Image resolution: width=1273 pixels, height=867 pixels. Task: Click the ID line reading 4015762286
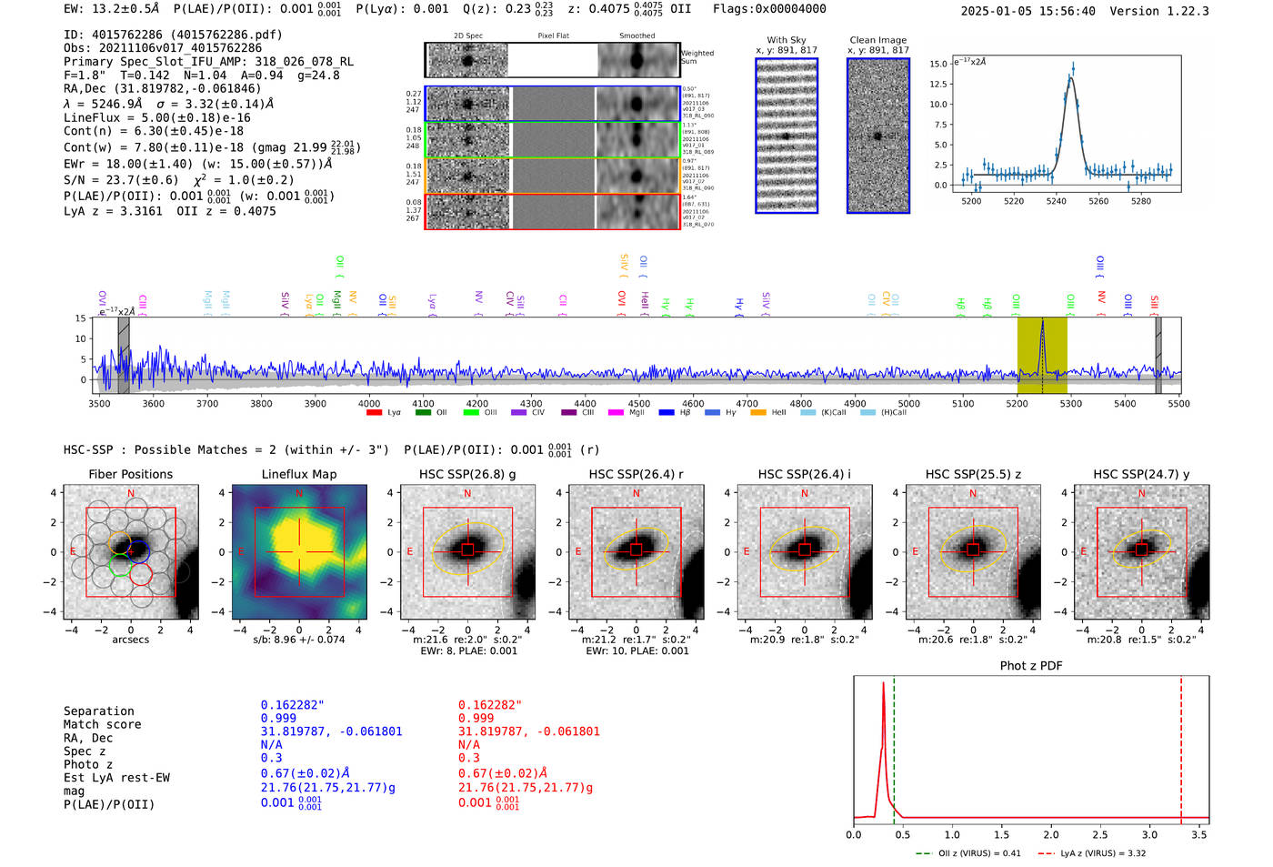(x=173, y=35)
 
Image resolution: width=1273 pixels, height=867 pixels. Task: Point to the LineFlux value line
(x=156, y=117)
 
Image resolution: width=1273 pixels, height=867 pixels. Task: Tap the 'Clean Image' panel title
(x=877, y=40)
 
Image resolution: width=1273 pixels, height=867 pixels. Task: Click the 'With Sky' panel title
(x=786, y=40)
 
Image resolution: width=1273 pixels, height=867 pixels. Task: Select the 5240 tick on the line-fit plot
(x=1056, y=201)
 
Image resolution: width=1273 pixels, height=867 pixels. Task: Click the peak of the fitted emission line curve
(x=1071, y=79)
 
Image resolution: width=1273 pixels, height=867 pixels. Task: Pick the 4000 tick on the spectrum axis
(x=369, y=403)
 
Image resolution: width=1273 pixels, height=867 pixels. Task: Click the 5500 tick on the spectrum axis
(x=1178, y=403)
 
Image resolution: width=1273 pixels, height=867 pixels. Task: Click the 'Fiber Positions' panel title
(x=130, y=474)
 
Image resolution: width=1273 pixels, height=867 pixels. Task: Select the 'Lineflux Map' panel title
(x=298, y=474)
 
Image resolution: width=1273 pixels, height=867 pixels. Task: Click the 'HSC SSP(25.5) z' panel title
(x=973, y=474)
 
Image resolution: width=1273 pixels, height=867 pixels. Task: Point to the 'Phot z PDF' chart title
(x=1030, y=666)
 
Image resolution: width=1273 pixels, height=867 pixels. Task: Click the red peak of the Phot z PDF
(x=883, y=684)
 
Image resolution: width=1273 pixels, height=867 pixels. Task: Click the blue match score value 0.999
(x=278, y=719)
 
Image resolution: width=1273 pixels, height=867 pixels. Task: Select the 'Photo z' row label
(x=88, y=764)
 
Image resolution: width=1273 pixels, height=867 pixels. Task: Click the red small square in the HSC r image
(x=636, y=550)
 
